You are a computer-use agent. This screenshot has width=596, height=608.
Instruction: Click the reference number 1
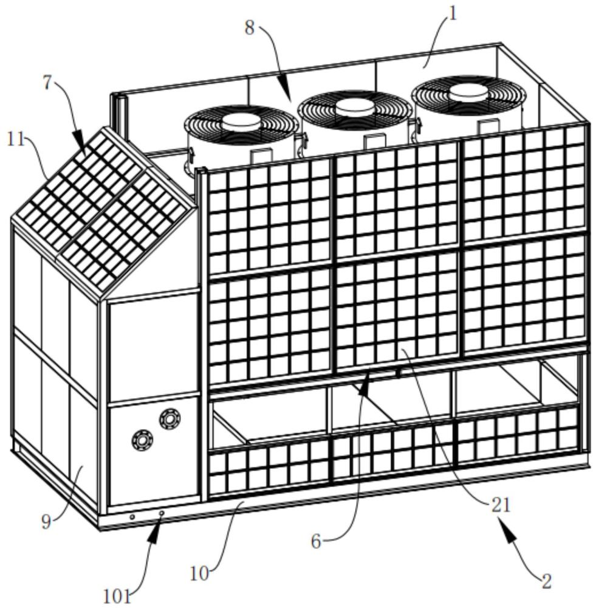tap(451, 14)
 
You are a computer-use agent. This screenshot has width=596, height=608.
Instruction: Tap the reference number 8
tap(250, 28)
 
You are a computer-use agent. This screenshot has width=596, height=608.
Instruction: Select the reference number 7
tap(47, 83)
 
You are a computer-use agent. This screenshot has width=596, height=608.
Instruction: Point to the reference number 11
tap(16, 139)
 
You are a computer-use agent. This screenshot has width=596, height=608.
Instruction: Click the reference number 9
tap(46, 522)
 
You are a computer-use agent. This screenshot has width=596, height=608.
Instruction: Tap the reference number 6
tap(316, 542)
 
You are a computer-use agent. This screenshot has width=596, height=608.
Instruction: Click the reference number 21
tap(501, 505)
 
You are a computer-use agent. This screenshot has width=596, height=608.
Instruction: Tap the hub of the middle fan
tap(355, 107)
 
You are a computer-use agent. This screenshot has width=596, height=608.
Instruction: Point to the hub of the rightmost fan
tap(468, 92)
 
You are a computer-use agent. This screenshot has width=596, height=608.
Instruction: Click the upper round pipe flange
tap(170, 419)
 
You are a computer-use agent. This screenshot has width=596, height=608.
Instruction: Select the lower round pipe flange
tap(142, 440)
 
